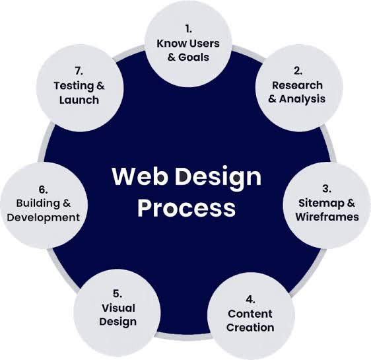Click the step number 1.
pyautogui.click(x=189, y=29)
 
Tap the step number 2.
pyautogui.click(x=298, y=71)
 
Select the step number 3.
pyautogui.click(x=327, y=189)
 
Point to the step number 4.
pyautogui.click(x=250, y=299)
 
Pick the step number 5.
pyautogui.click(x=118, y=293)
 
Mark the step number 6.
pyautogui.click(x=44, y=190)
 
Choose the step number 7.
pyautogui.click(x=79, y=71)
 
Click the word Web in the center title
pyautogui.click(x=139, y=176)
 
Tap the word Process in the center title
pyautogui.click(x=186, y=208)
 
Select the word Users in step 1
pyautogui.click(x=205, y=44)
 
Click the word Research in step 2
pyautogui.click(x=298, y=85)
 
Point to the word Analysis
pyautogui.click(x=302, y=99)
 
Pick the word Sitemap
pyautogui.click(x=321, y=203)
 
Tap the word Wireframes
pyautogui.click(x=327, y=217)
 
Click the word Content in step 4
pyautogui.click(x=250, y=314)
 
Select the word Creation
pyautogui.click(x=250, y=328)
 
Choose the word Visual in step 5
pyautogui.click(x=118, y=308)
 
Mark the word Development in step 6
pyautogui.click(x=44, y=218)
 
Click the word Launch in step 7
pyautogui.click(x=79, y=100)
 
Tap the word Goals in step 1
pyautogui.click(x=193, y=57)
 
